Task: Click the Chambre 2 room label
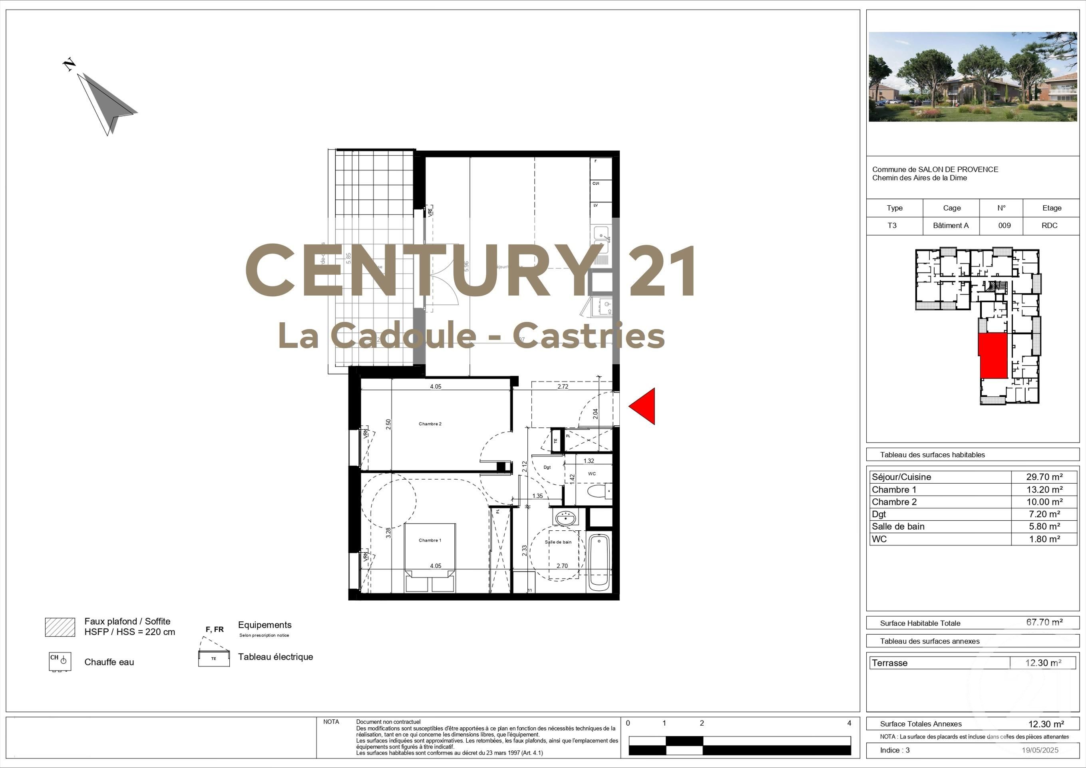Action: (430, 424)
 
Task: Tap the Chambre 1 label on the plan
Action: (430, 540)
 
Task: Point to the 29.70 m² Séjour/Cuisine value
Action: (1044, 477)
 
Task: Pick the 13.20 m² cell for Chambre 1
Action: (1044, 490)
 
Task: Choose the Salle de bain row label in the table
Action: (898, 526)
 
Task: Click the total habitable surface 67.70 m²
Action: (1044, 622)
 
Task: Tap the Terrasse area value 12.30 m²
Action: (1043, 663)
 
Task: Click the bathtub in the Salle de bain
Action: (599, 562)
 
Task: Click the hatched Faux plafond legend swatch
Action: (60, 627)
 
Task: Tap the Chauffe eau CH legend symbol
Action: (60, 661)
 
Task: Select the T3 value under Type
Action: (892, 226)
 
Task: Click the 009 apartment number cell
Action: (1004, 226)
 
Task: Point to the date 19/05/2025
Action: (1040, 750)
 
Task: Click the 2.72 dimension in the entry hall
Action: (563, 386)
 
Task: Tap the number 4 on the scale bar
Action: (849, 723)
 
